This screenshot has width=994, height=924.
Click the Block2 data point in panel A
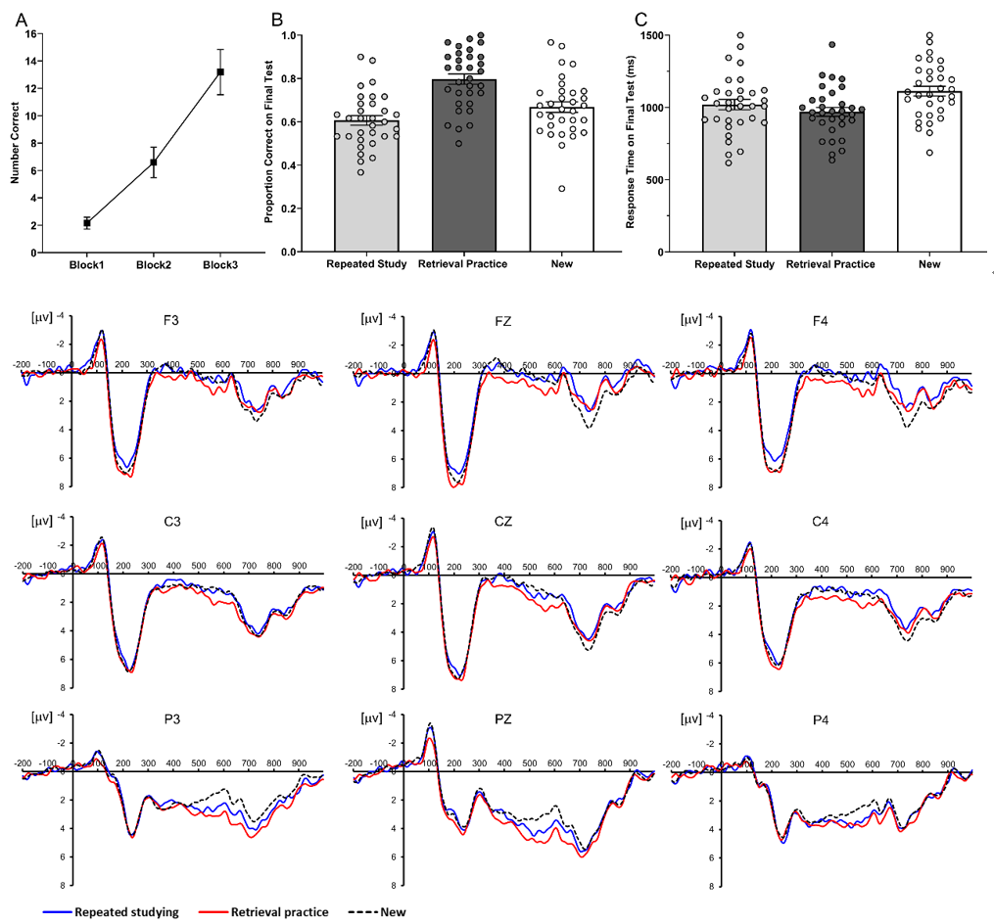[154, 162]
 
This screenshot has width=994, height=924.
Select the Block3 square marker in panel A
[220, 71]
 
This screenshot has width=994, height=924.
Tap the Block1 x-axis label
[86, 265]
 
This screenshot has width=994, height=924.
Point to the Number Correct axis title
[14, 143]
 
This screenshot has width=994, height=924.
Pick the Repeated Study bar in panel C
[734, 177]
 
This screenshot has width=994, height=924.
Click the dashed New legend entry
[377, 910]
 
